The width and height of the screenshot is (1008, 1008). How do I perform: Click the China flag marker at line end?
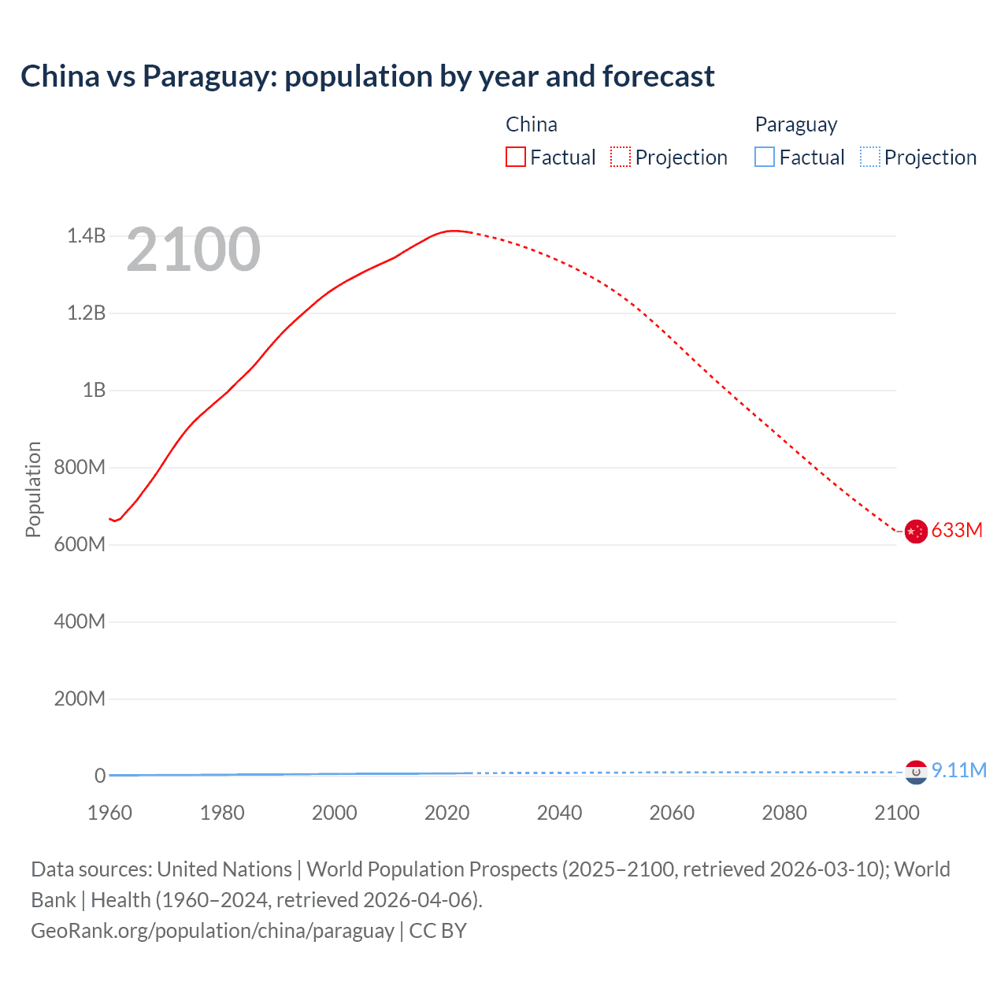[x=915, y=532]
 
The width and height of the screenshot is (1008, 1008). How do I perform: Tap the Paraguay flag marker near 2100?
[x=915, y=773]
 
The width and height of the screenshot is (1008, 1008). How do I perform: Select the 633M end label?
[x=957, y=530]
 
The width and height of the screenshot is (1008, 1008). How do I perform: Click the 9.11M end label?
[x=958, y=770]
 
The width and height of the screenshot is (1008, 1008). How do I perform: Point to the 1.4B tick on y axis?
[x=86, y=235]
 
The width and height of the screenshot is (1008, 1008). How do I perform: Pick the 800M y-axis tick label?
[x=80, y=467]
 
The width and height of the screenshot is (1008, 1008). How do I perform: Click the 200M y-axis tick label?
[x=80, y=699]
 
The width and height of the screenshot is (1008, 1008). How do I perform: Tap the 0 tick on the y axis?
[x=99, y=776]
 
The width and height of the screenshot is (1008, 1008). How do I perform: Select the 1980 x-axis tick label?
[x=222, y=813]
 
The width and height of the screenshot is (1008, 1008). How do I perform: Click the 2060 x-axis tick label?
[x=672, y=813]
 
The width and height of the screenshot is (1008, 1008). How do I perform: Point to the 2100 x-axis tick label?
[x=896, y=813]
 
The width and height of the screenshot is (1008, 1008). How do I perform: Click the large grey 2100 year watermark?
[x=193, y=250]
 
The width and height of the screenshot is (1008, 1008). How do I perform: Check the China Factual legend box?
[x=516, y=157]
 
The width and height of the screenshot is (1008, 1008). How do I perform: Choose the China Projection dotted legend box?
[x=621, y=157]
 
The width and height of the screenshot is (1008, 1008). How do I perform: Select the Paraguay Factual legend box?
[x=765, y=157]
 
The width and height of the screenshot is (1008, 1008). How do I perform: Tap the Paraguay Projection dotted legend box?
[x=869, y=157]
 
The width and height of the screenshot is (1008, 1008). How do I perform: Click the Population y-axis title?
[x=33, y=489]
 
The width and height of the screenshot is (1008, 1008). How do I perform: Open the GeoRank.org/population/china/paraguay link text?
[x=213, y=931]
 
